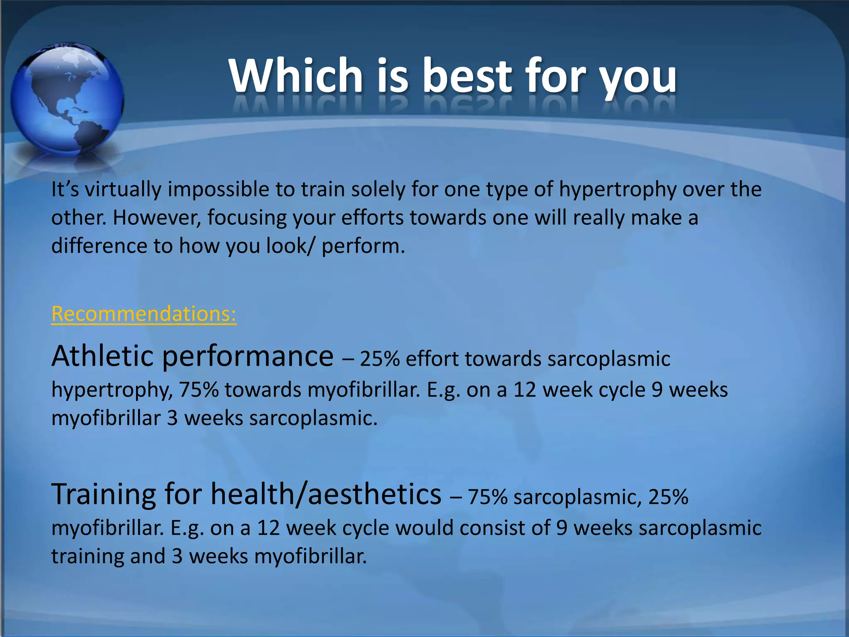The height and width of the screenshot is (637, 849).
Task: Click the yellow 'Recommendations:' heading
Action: pyautogui.click(x=144, y=314)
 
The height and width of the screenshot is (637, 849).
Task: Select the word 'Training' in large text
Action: pyautogui.click(x=104, y=494)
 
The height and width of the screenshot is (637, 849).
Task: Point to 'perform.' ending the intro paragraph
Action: pyautogui.click(x=363, y=246)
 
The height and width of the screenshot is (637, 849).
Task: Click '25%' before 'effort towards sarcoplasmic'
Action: pyautogui.click(x=379, y=359)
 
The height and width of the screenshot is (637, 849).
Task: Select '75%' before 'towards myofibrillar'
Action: pyautogui.click(x=198, y=390)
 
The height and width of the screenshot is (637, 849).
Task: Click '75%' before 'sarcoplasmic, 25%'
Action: pyautogui.click(x=488, y=497)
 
